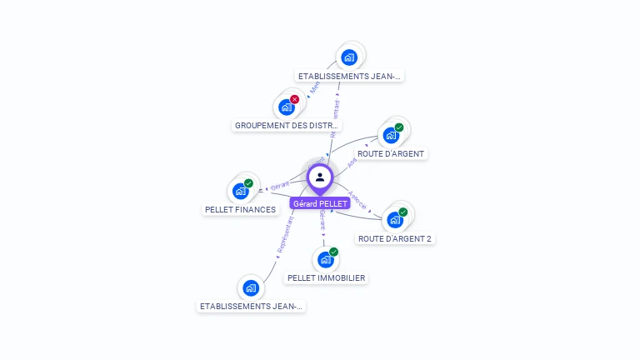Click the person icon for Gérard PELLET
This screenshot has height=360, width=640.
point(320,177)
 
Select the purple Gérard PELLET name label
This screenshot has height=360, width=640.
point(320,203)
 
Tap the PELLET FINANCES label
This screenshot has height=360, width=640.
point(240,210)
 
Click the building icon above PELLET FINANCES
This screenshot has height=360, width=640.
point(241,191)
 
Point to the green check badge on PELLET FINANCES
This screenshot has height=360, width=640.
point(248,183)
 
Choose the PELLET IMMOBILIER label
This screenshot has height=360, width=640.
point(325,277)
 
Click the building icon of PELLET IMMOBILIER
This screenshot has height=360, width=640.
point(325,259)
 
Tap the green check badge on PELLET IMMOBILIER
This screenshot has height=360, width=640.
point(333,252)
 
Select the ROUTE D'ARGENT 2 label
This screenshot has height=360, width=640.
point(395,238)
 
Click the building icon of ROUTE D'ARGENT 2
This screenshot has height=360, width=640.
point(395,220)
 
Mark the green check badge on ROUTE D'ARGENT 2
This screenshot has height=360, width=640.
point(402,212)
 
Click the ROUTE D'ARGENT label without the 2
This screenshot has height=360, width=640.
point(391,153)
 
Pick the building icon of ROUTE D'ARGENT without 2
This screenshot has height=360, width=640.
point(390,135)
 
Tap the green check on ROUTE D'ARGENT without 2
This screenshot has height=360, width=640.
point(398,127)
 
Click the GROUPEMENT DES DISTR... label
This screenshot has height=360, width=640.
point(287,125)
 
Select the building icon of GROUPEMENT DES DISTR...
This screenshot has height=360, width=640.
point(287,107)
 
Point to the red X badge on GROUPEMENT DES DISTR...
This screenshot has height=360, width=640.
point(294,99)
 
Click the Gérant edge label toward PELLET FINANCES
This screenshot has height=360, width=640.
point(280,185)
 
